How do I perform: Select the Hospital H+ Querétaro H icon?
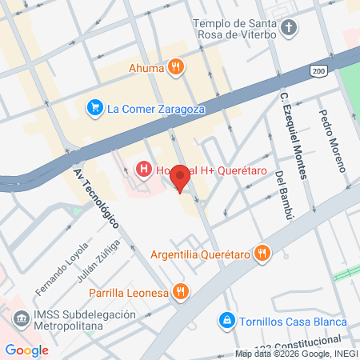tap(144, 169)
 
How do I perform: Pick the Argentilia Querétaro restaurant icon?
tap(261, 254)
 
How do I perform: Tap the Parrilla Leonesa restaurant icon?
tap(182, 292)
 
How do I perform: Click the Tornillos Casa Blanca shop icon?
tap(227, 321)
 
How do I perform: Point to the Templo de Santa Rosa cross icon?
tap(289, 30)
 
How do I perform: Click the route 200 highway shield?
tap(318, 72)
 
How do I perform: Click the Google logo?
tap(26, 350)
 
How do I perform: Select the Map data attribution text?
tap(295, 354)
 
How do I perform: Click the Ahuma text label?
tap(147, 68)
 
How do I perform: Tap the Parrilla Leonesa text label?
tap(129, 292)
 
